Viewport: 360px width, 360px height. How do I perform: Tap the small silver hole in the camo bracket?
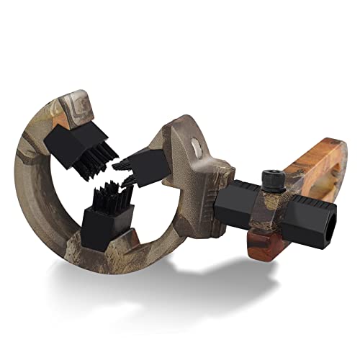point(195,149)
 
